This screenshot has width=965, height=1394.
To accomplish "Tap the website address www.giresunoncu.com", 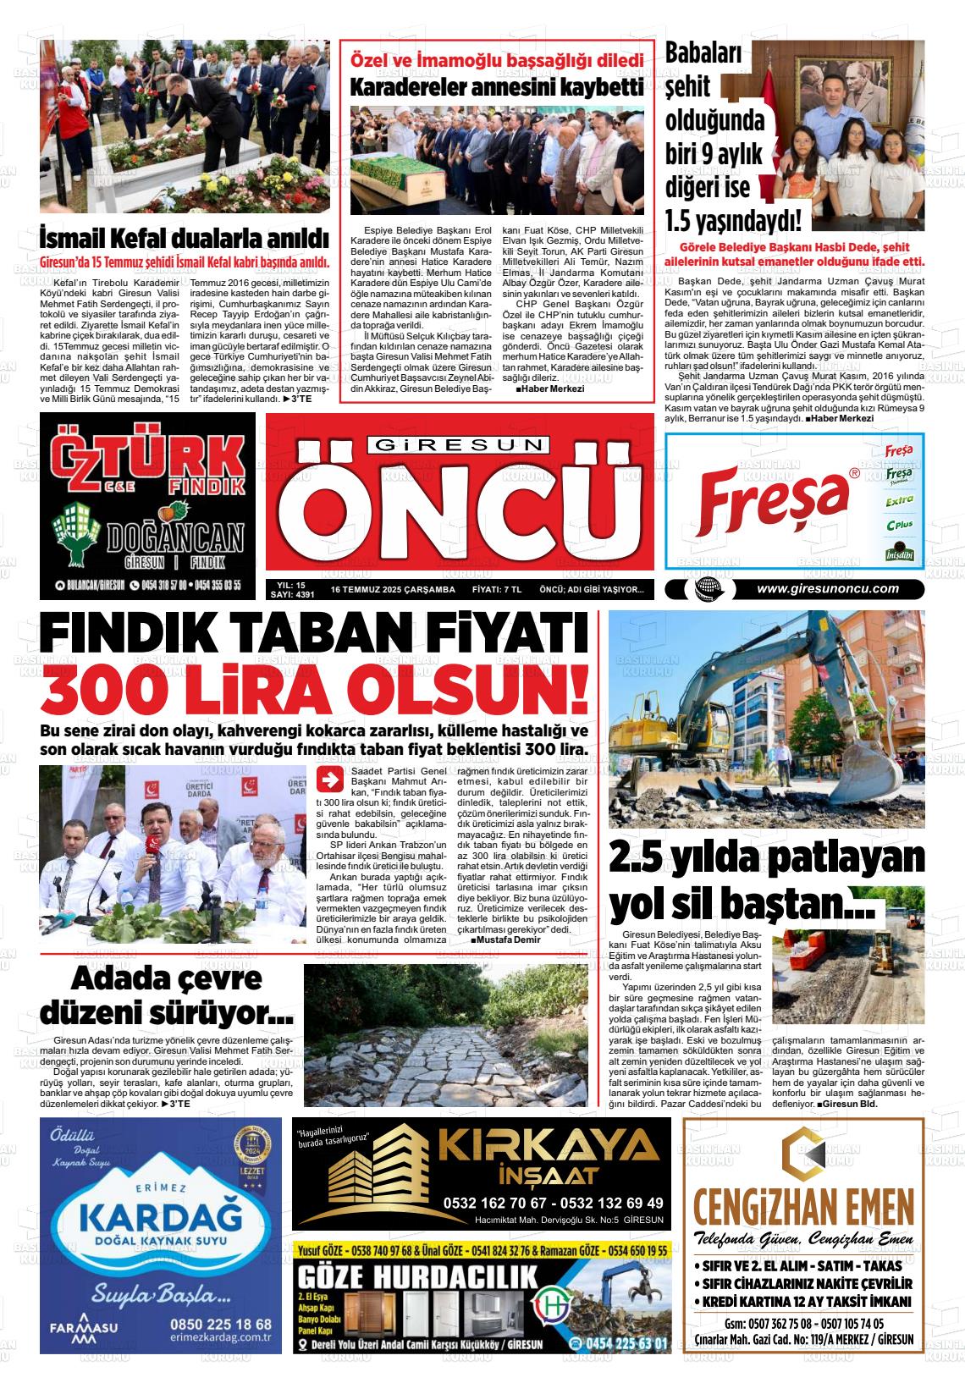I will [x=827, y=590].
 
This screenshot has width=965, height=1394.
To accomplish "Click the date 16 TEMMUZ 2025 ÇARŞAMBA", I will [x=393, y=590].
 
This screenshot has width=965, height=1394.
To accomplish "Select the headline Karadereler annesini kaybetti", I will [x=497, y=87].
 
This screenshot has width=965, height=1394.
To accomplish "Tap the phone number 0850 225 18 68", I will [x=221, y=1325].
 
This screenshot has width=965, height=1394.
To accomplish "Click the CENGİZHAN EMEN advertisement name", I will [x=803, y=1202].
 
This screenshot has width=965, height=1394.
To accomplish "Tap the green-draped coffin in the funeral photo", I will [x=398, y=174].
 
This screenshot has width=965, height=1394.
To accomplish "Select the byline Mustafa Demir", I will [x=508, y=939].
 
